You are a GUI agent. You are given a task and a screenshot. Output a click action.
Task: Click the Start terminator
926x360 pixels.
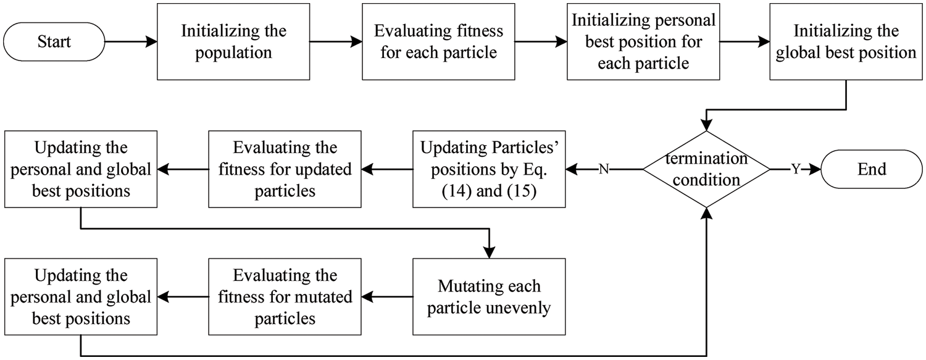tap(54, 42)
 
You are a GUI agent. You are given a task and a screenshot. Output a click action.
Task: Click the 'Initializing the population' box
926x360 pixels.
tap(233, 42)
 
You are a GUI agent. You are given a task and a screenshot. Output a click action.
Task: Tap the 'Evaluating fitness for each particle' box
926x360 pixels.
tap(438, 42)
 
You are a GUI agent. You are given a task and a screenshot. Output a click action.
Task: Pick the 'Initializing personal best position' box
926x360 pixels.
tap(643, 42)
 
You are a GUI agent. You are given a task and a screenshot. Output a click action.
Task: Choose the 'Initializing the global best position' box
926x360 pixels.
tap(846, 42)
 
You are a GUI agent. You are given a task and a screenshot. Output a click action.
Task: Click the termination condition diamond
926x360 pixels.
tap(706, 169)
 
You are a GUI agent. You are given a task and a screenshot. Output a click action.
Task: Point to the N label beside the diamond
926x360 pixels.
tap(604, 169)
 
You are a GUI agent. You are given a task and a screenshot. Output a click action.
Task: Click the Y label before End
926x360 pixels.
tap(796, 169)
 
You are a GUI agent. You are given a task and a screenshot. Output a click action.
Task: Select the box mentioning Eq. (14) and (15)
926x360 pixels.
tap(490, 169)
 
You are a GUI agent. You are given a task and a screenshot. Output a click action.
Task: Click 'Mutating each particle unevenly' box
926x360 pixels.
tap(490, 296)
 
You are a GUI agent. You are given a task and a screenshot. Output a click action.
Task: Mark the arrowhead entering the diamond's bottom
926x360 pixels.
tap(706, 212)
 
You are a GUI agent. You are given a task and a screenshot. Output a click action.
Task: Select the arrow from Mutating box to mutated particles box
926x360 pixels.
tap(387, 296)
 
